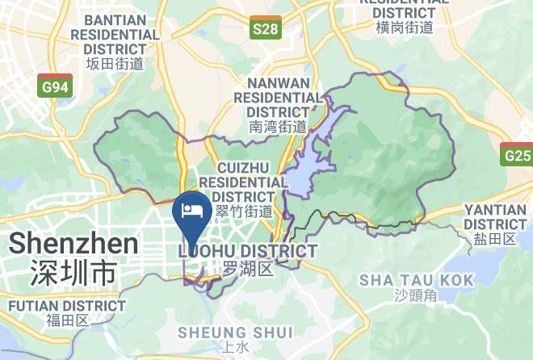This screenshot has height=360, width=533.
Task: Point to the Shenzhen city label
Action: pos(73,243)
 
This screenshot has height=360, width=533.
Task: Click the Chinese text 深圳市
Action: pos(73,272)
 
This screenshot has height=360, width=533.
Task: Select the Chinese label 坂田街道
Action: pos(115,64)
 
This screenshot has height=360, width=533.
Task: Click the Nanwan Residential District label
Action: pos(278,97)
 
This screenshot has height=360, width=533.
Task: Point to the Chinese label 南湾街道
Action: pos(278,126)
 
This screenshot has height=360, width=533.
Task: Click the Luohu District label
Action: pos(247,252)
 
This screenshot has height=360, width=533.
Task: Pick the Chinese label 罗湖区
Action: pos(249,268)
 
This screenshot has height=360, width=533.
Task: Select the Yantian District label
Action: pos(495,216)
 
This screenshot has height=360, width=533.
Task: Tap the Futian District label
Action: pos(67,306)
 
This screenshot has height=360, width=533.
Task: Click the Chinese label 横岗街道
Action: pos(405,27)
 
